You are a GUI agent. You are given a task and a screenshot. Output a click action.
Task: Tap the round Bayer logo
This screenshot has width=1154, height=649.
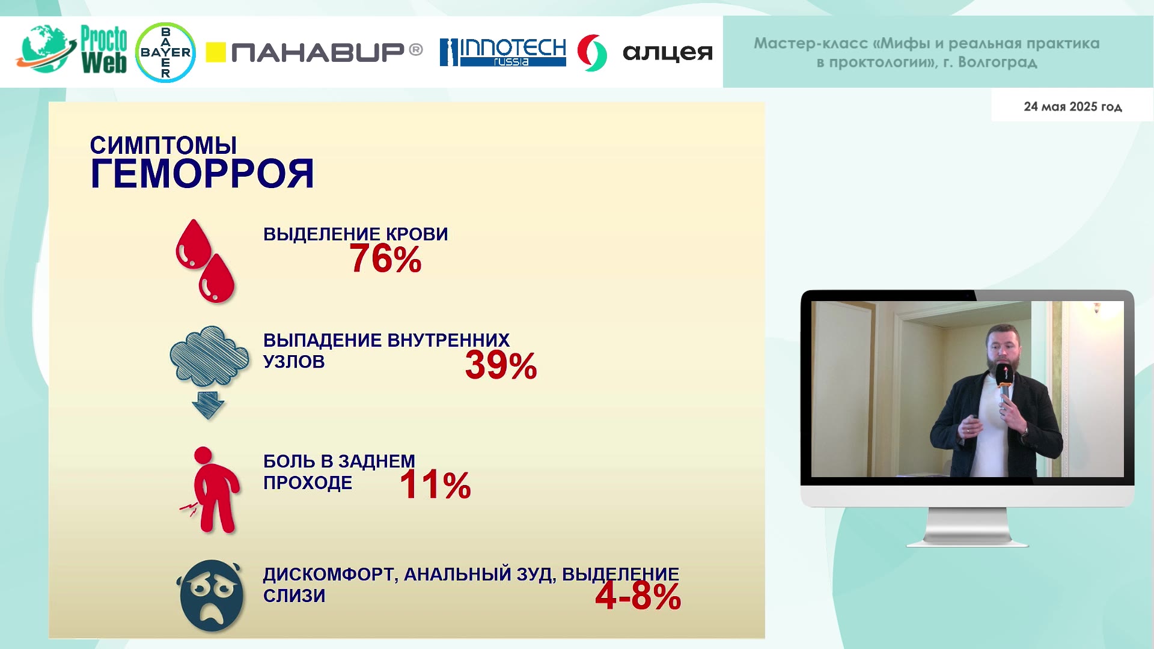pyautogui.click(x=165, y=52)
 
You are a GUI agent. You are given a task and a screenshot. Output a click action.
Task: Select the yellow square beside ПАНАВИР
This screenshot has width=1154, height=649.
pyautogui.click(x=216, y=52)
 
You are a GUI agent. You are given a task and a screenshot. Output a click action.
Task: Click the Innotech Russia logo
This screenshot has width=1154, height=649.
pyautogui.click(x=503, y=52)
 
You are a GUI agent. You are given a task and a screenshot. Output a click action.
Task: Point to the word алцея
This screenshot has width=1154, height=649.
pyautogui.click(x=668, y=52)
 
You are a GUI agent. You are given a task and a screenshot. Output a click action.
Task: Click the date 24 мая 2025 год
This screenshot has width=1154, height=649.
pyautogui.click(x=1073, y=106)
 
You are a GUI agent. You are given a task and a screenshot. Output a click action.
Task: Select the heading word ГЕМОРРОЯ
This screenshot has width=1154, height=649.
pyautogui.click(x=202, y=174)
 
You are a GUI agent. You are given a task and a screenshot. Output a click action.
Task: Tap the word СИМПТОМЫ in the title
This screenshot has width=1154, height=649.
pyautogui.click(x=163, y=145)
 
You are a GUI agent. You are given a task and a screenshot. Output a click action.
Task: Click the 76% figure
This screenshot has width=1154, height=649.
pyautogui.click(x=385, y=259)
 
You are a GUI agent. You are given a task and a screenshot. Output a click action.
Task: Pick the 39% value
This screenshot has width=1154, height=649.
pyautogui.click(x=501, y=365)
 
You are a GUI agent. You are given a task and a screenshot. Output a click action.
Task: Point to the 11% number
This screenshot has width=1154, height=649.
pyautogui.click(x=435, y=485)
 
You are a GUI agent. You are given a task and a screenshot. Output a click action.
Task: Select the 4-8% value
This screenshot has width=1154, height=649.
pyautogui.click(x=638, y=596)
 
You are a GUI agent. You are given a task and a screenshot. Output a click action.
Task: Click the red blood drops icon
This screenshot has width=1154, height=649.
pyautogui.click(x=205, y=261)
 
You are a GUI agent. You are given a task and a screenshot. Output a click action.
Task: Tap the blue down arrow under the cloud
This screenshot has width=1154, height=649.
pyautogui.click(x=208, y=404)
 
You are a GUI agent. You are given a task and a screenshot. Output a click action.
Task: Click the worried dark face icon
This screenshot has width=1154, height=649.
pyautogui.click(x=211, y=596)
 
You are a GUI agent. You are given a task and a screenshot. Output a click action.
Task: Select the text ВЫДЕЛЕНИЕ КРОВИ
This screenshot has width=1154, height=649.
pyautogui.click(x=356, y=234)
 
